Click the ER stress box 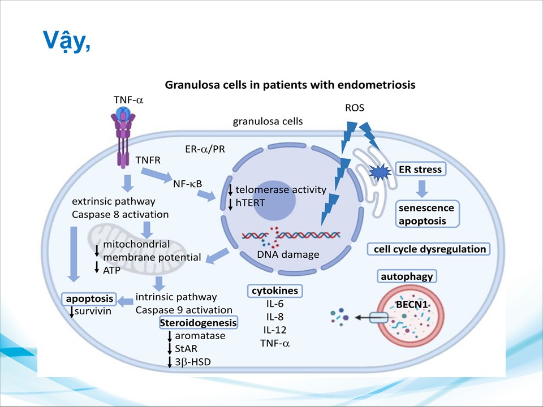[x=420, y=169]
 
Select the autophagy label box [x=407, y=276]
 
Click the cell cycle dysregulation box [x=427, y=249]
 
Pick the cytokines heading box [x=274, y=291]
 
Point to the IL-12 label [x=274, y=330]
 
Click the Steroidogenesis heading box [x=198, y=323]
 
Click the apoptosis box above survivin [x=90, y=298]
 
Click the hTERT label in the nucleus [x=251, y=201]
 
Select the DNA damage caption [x=288, y=254]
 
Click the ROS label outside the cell [x=355, y=108]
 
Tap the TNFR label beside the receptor [x=148, y=160]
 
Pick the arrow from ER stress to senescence [x=421, y=187]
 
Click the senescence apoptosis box [x=426, y=214]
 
